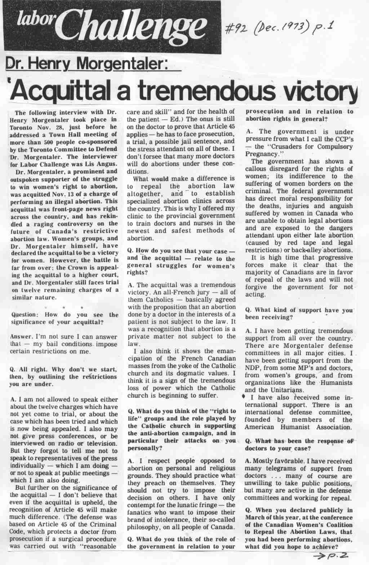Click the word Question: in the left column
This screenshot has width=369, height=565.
click(27, 315)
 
